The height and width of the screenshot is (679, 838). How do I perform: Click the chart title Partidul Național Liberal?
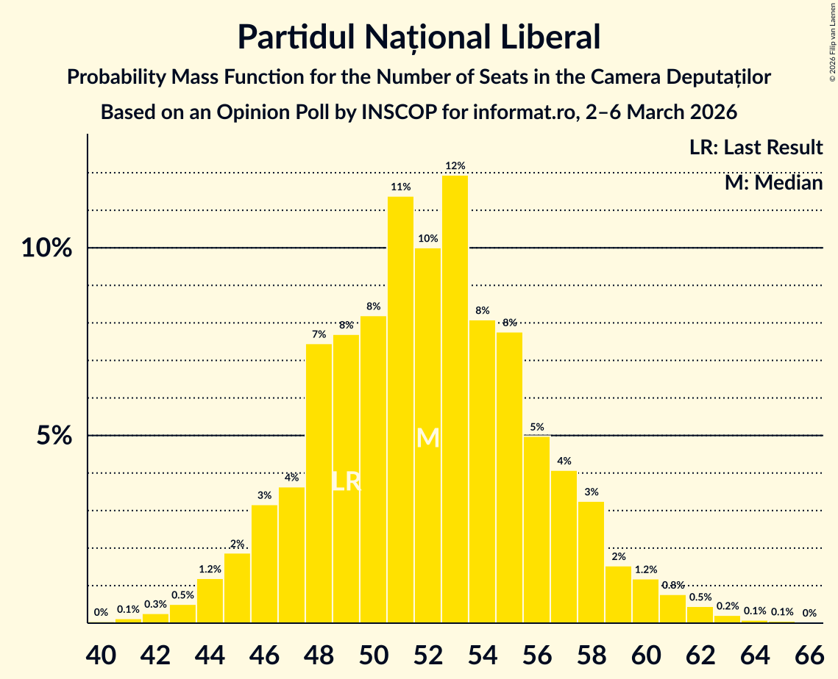click(419, 37)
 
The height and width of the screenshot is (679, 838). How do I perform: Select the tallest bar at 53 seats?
click(455, 399)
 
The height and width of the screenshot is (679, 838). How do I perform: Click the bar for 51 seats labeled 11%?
click(400, 409)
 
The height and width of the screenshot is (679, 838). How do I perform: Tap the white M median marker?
click(427, 439)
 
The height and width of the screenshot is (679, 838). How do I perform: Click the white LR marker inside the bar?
click(346, 482)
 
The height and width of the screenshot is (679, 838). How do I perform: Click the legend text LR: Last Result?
click(756, 148)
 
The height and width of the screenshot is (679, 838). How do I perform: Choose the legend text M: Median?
click(773, 183)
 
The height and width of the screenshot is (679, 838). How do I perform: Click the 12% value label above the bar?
click(455, 166)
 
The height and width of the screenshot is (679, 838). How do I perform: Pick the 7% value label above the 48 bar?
click(319, 334)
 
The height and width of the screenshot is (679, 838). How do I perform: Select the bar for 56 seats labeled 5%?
click(536, 529)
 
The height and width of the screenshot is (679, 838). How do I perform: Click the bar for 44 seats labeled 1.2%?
click(210, 601)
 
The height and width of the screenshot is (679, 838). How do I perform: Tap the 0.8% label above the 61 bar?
click(672, 586)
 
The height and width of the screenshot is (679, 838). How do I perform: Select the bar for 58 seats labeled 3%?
click(591, 562)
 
